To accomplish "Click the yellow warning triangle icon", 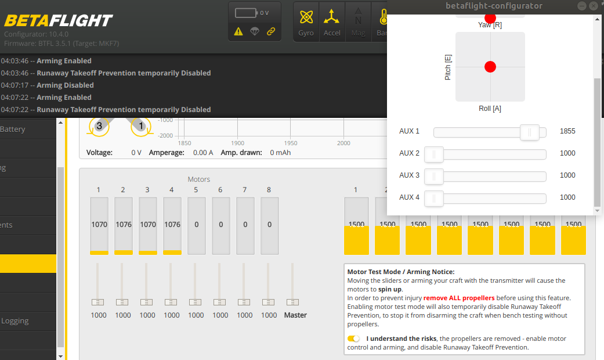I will (x=238, y=31).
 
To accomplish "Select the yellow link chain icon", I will (x=271, y=31).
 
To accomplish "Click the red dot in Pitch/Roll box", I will (x=490, y=67).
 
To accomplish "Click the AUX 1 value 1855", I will (x=567, y=131).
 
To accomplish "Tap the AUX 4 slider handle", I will (x=434, y=198).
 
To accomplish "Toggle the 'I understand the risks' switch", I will (x=353, y=339).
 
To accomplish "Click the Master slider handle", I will (x=293, y=302).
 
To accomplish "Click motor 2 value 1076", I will (x=124, y=224).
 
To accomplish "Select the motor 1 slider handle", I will (x=99, y=302).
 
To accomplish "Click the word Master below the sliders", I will (x=295, y=315).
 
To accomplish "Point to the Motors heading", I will (x=199, y=179).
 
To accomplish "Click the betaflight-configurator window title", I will (x=494, y=6).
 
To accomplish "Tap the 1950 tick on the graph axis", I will (x=291, y=143).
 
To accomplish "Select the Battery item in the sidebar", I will (x=13, y=129).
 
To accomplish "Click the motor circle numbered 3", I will (x=99, y=126).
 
